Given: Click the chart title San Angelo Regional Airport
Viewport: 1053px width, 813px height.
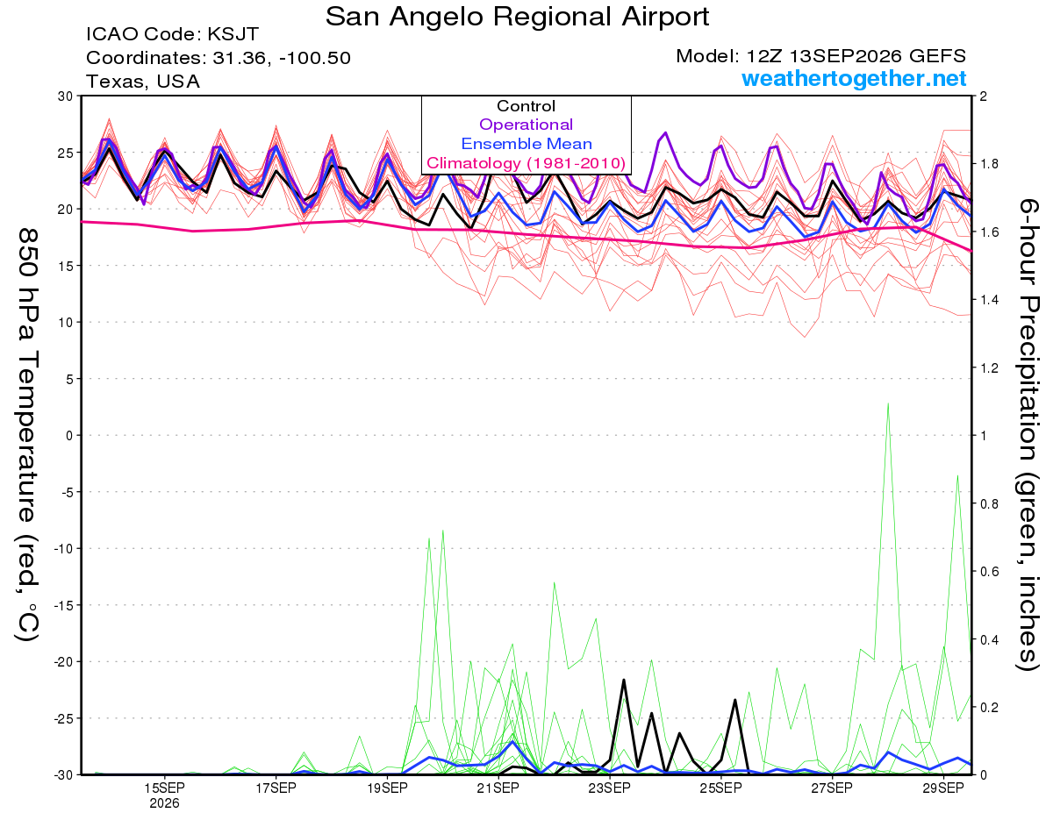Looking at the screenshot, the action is click(517, 17).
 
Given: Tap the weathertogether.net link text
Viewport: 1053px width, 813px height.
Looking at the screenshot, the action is click(854, 78).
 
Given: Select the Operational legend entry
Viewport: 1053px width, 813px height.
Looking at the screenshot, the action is click(526, 125).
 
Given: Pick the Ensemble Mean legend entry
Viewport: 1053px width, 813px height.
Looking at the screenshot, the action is click(526, 144).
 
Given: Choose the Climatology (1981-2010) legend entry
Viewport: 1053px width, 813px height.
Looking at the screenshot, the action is click(526, 163).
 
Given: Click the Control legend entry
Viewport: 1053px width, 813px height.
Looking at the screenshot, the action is click(526, 106).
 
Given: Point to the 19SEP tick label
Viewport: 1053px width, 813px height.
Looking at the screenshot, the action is click(387, 788).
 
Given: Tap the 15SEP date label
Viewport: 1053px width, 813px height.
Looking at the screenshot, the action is click(164, 788).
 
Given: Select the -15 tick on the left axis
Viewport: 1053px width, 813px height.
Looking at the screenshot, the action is click(64, 605).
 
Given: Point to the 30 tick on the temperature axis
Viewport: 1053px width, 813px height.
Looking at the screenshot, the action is click(66, 96).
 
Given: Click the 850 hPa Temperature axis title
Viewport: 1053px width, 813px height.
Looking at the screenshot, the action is click(27, 435).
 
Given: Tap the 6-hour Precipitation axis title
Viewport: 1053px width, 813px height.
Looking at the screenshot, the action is click(1028, 435).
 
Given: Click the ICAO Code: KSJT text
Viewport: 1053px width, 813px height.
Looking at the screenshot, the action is click(172, 34).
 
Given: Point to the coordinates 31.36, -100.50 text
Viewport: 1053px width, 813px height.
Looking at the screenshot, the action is click(218, 58).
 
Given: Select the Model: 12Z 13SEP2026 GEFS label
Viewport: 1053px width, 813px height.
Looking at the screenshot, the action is click(820, 56).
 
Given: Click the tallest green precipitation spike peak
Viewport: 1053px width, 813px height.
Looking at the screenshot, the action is click(888, 403).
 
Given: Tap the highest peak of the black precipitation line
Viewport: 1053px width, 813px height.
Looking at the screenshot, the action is click(624, 680).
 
